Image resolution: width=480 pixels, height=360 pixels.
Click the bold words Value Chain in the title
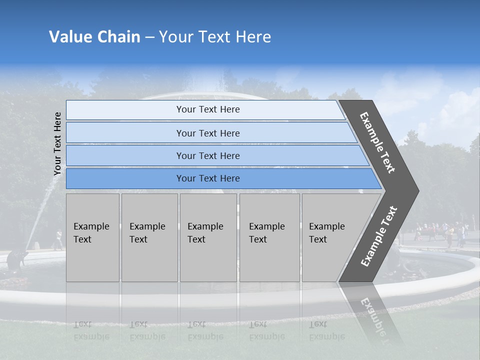point(94,37)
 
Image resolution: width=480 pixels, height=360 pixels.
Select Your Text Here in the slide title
point(215,37)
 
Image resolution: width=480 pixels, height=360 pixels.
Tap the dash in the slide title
point(149,37)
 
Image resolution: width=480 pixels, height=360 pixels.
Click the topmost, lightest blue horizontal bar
point(205,109)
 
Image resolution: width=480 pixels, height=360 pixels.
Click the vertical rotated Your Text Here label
point(57,143)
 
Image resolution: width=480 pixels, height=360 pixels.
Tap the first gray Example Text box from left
point(92,237)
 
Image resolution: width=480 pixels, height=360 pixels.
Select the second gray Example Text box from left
point(149,237)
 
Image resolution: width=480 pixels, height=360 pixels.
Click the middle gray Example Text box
point(208,237)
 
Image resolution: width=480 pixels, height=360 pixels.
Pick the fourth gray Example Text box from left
point(269,237)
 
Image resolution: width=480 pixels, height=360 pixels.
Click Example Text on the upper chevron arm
point(377,143)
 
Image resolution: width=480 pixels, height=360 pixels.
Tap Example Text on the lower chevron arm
point(378,236)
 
